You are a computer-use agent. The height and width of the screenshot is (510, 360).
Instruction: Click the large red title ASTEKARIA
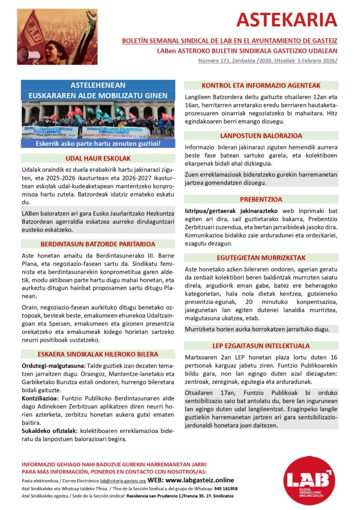pos(286,20)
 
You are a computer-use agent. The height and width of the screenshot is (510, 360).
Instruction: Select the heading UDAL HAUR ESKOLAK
pos(98,159)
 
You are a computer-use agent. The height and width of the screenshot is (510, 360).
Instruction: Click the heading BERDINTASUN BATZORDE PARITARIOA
pos(98,244)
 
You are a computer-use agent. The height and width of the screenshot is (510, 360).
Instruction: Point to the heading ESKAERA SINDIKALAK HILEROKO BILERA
pos(98,354)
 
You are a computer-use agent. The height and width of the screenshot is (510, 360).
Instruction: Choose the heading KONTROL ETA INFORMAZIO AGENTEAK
pos(261,85)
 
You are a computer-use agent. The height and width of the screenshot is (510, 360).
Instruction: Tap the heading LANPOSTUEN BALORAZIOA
pos(261,136)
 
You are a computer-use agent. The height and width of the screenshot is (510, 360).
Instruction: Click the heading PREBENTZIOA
pos(261,199)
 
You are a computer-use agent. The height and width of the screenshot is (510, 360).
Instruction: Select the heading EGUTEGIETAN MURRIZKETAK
pos(261,258)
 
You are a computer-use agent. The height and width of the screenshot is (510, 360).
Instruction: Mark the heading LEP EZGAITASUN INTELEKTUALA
pos(261,346)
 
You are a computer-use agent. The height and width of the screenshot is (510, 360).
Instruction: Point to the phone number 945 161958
pos(225,488)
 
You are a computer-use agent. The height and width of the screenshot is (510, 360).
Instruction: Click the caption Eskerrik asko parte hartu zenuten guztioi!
pos(98,144)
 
